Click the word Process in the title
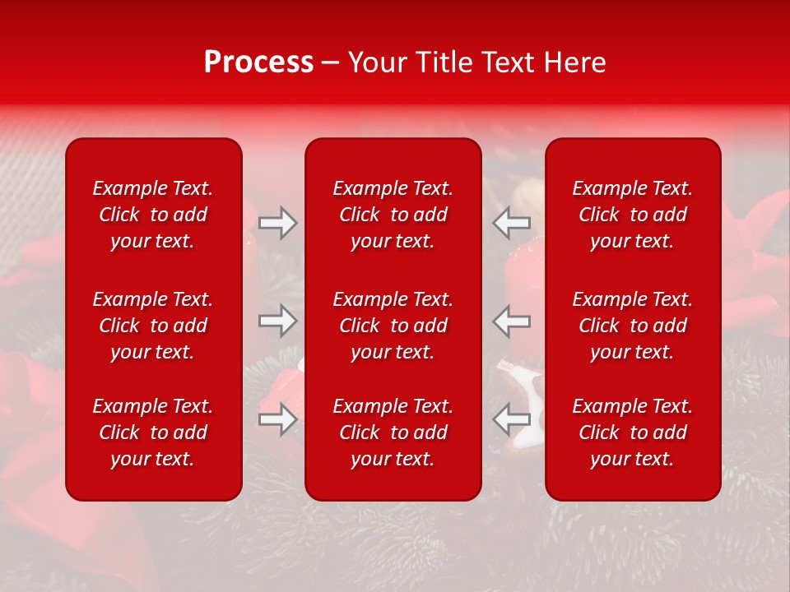tap(258, 62)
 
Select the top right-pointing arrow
tap(277, 223)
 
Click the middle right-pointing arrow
tap(277, 321)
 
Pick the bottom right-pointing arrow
tap(277, 419)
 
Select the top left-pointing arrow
tap(512, 223)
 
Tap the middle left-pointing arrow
tap(512, 321)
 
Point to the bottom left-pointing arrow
tap(512, 419)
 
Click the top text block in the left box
tap(153, 215)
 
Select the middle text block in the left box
tap(153, 326)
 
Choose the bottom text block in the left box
tap(153, 432)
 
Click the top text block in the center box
tap(393, 215)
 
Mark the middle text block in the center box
tap(393, 326)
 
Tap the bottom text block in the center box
tap(393, 432)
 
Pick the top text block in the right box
tap(632, 215)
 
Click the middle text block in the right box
tap(632, 326)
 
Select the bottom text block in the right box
tap(632, 432)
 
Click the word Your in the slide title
tap(376, 62)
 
